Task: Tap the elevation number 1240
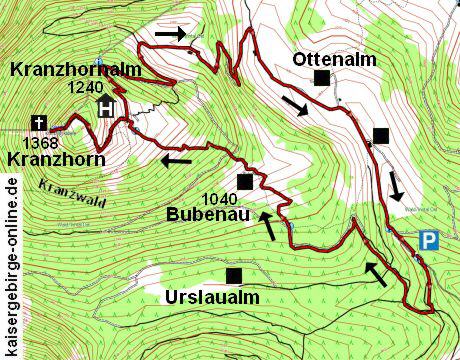86,89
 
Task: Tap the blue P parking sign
429,240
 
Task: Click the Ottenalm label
334,59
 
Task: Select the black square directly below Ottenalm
321,78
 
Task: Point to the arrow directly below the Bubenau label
268,224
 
